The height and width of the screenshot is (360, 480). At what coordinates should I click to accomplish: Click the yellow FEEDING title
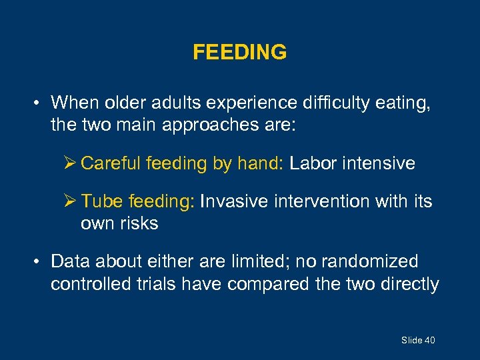(240, 52)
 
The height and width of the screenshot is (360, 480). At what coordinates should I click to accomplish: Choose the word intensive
(381, 163)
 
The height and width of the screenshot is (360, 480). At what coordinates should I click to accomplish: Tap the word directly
(409, 284)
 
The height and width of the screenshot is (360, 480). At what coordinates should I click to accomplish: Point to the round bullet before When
(39, 103)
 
